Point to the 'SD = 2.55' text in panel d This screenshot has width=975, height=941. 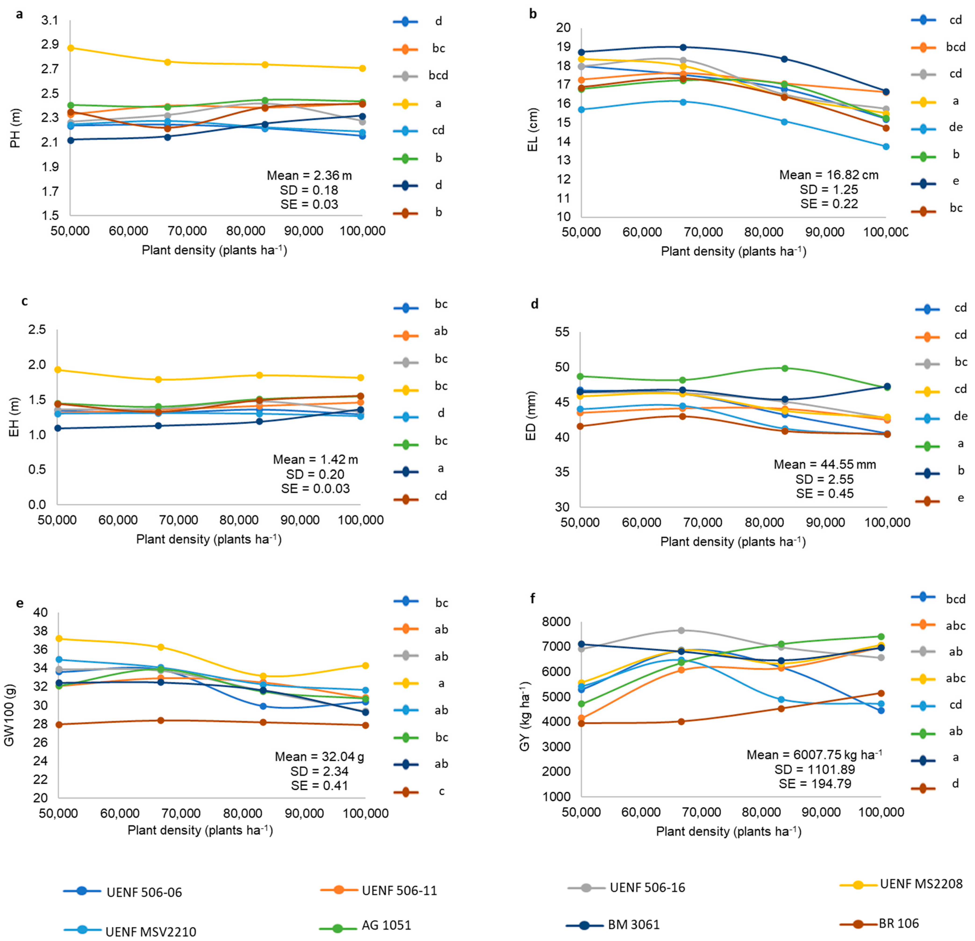824,479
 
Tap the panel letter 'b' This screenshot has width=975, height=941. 533,14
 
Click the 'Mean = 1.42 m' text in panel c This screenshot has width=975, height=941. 315,460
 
